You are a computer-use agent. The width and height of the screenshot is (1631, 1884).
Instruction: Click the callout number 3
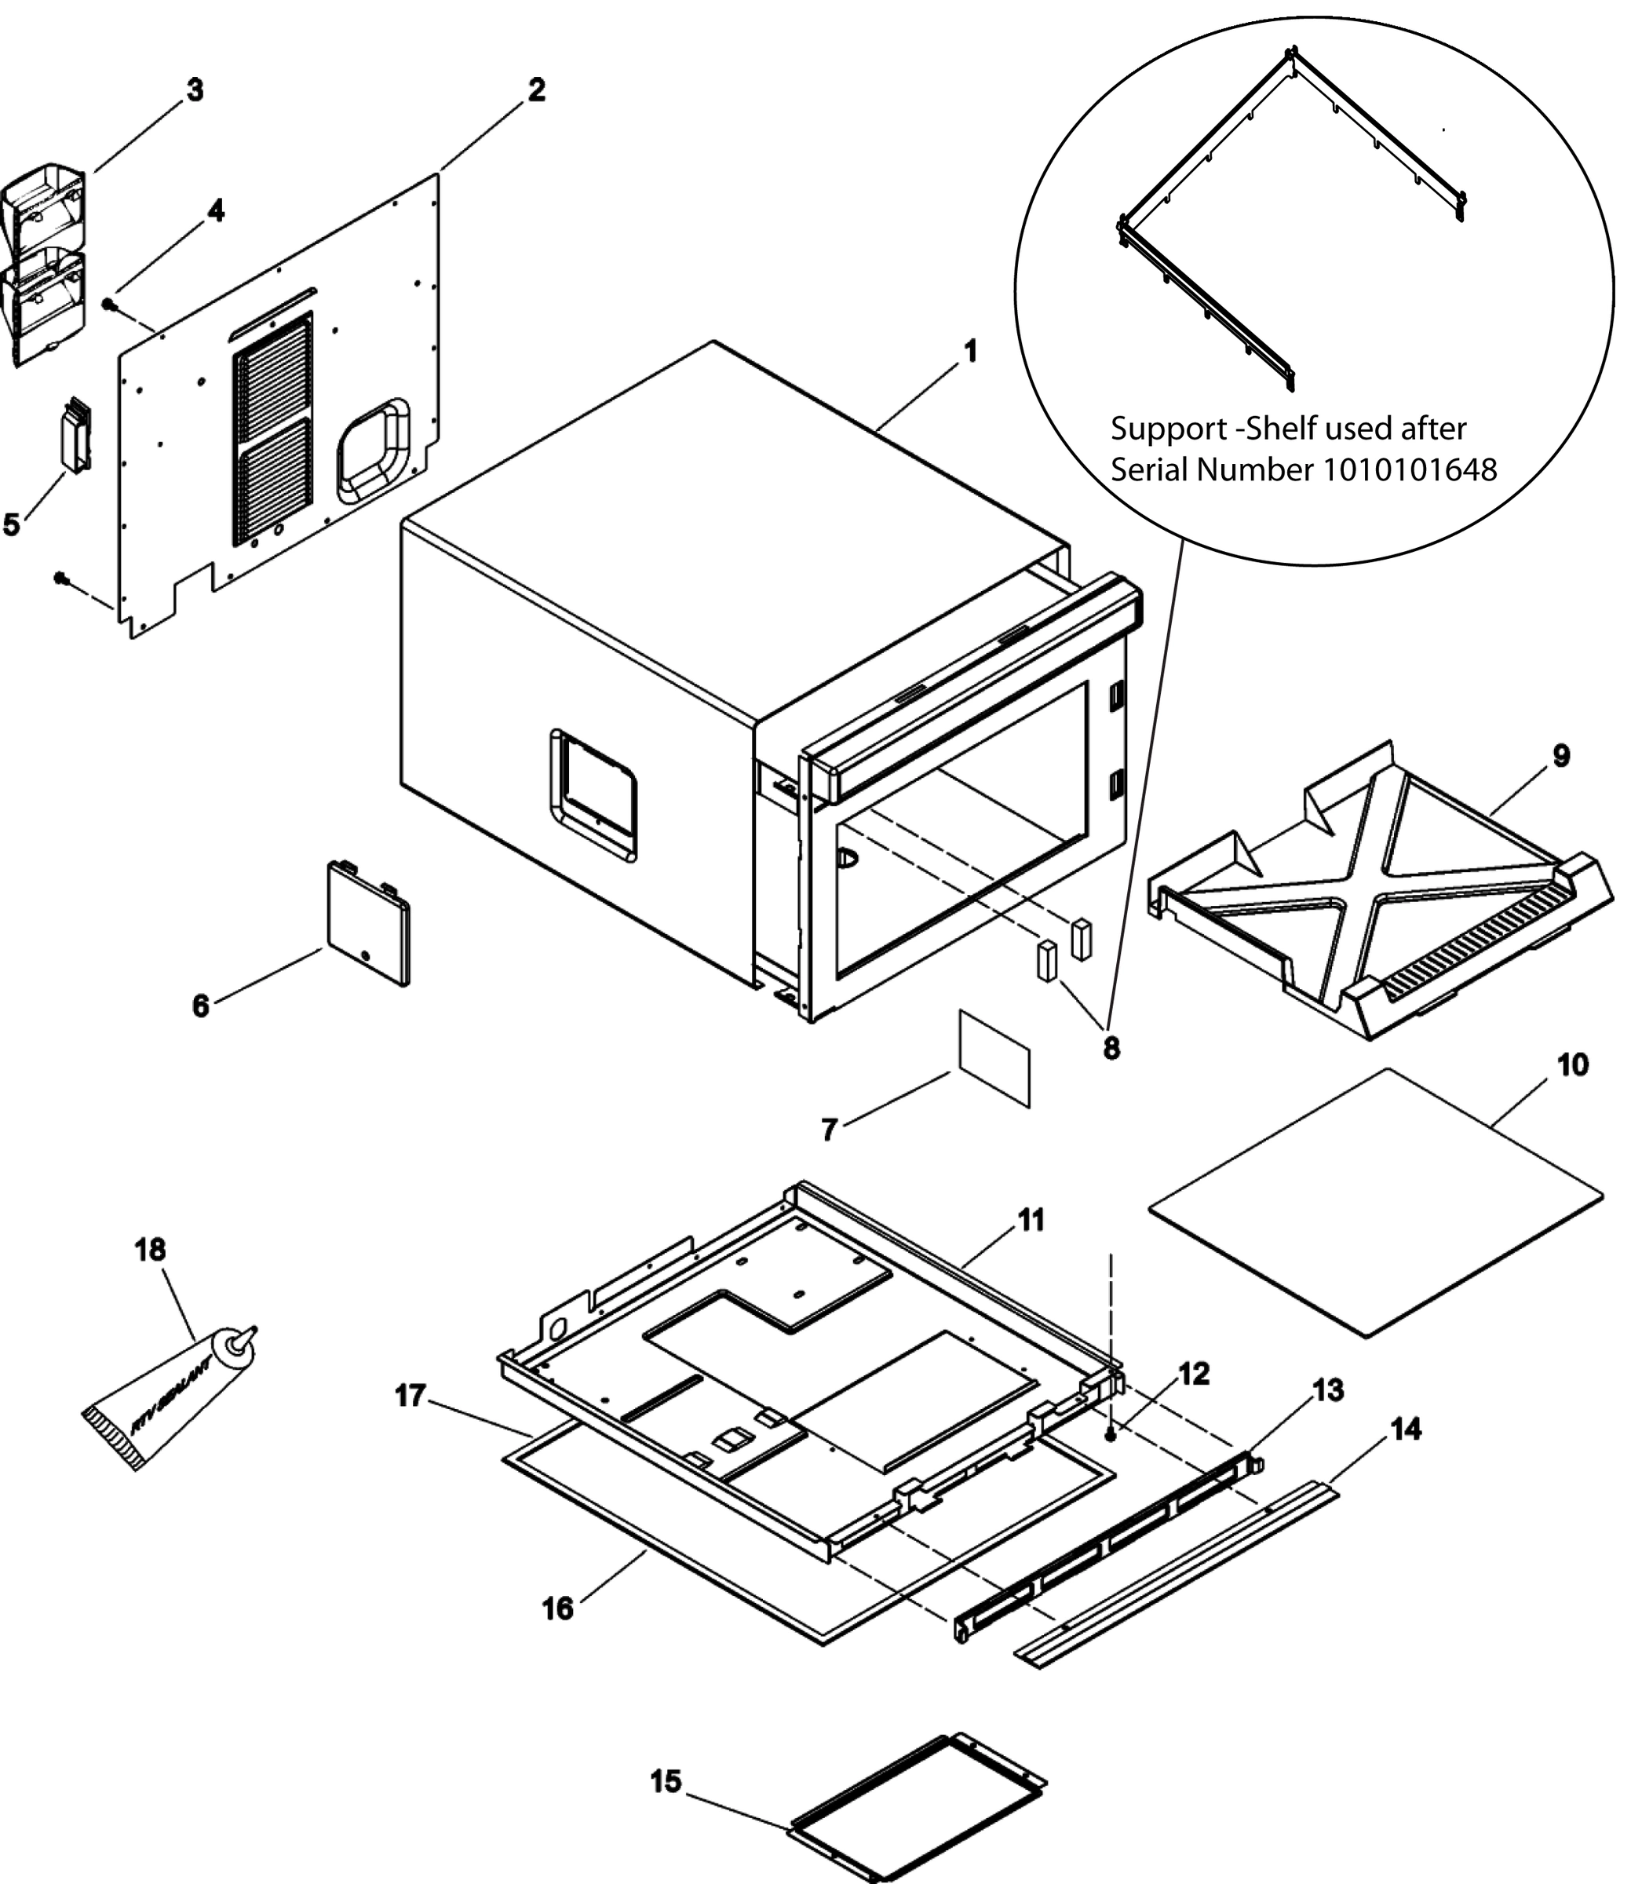point(195,91)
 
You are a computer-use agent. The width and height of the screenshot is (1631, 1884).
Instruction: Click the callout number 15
point(666,1782)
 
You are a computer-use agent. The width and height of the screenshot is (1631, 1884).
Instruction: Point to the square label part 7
point(993,1058)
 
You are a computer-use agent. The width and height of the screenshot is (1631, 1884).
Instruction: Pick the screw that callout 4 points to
point(108,304)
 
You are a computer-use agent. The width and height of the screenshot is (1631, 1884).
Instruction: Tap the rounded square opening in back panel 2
point(372,451)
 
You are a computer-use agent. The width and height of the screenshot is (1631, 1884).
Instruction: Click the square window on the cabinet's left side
point(593,794)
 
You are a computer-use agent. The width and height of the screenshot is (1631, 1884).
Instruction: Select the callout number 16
point(558,1609)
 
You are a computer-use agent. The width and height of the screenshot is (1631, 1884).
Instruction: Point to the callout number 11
point(1031,1220)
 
